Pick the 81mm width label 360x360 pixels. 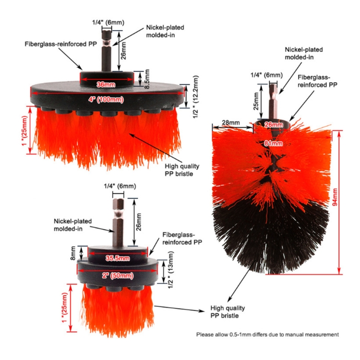pyautogui.click(x=271, y=143)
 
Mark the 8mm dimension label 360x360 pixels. pyautogui.click(x=73, y=252)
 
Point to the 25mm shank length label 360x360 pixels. pyautogui.click(x=256, y=100)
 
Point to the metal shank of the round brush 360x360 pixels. pyautogui.click(x=273, y=101)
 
